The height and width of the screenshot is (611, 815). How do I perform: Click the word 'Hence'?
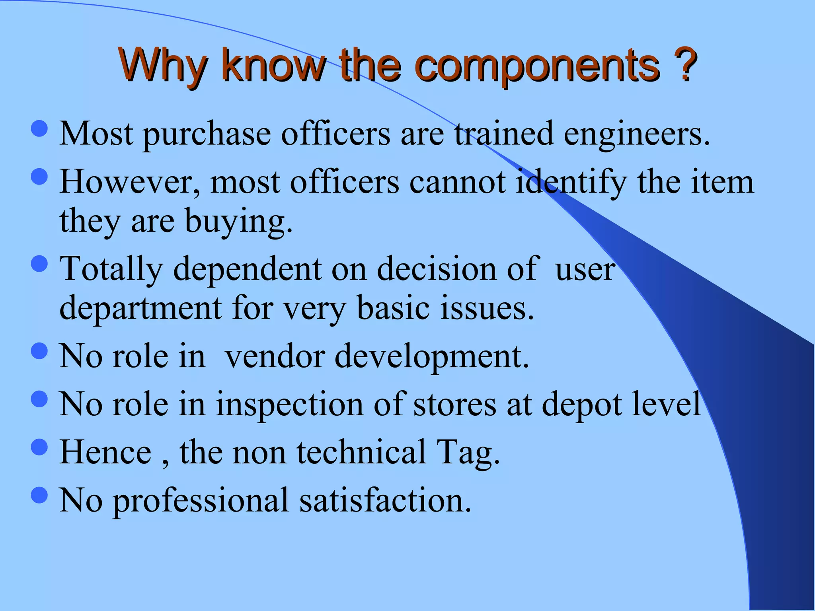[x=105, y=452]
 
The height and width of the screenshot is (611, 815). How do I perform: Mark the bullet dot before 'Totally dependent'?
[x=39, y=263]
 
